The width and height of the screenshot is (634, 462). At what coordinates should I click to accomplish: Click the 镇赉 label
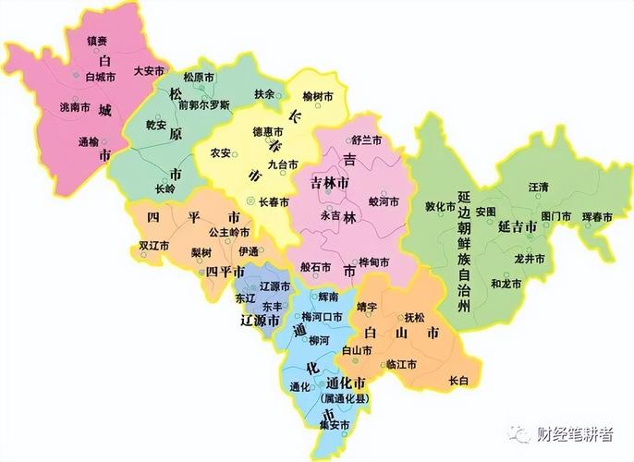tap(98, 42)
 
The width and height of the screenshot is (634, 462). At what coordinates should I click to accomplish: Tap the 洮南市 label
tap(74, 107)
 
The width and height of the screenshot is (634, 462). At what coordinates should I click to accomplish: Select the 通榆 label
tap(88, 142)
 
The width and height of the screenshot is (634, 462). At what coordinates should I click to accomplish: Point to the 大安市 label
tap(149, 70)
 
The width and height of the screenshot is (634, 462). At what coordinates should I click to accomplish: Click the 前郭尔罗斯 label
tap(204, 105)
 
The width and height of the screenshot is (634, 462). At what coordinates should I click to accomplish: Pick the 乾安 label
tap(156, 124)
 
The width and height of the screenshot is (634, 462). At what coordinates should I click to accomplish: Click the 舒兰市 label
tap(366, 140)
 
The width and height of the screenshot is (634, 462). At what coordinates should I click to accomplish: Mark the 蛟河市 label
tap(384, 201)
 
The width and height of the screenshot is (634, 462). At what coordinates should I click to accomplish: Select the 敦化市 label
tap(441, 206)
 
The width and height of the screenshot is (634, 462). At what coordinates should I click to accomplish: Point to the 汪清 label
tap(538, 187)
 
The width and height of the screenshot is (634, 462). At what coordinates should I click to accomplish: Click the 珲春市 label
tap(597, 216)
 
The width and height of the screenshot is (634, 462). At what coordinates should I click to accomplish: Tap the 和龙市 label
tap(506, 283)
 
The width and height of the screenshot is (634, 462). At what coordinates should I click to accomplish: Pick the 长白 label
tap(458, 380)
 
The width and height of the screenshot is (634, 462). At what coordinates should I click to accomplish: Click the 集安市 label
tap(334, 426)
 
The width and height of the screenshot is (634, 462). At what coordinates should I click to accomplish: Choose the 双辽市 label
tap(152, 247)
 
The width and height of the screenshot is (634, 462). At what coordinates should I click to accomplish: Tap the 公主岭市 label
tap(230, 232)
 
